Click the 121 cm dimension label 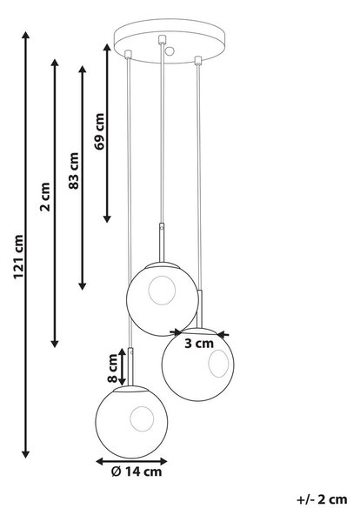point(19,257)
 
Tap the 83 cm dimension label point(74,171)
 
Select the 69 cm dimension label point(99,131)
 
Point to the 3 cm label point(199,344)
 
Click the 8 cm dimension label point(113,368)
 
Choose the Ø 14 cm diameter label point(137,472)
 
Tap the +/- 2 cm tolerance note point(322,499)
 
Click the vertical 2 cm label point(45,197)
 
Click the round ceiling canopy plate point(170,41)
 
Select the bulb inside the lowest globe point(142,418)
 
